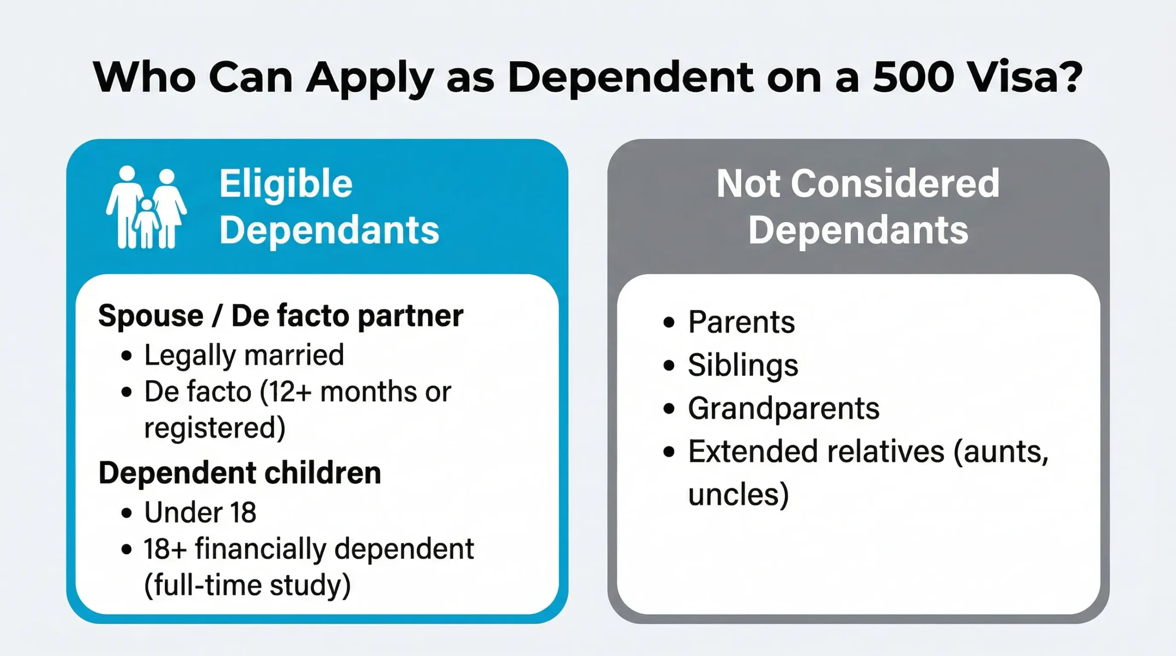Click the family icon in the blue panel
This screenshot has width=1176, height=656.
(147, 207)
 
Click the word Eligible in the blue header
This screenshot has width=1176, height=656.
(286, 184)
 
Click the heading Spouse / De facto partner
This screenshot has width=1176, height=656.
(281, 316)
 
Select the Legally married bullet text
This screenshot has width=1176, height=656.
(244, 355)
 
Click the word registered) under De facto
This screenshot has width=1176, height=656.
(215, 428)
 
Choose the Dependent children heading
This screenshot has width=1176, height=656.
(240, 473)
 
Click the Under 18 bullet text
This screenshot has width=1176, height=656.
(200, 512)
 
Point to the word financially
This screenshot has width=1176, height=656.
(261, 549)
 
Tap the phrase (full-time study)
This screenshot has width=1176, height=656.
(248, 586)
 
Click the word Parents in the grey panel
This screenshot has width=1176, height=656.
(741, 322)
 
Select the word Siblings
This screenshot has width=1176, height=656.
(743, 365)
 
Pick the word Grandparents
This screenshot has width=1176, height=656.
(783, 409)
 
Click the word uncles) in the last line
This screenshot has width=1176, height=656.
(738, 495)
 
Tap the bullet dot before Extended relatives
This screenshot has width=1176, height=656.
(669, 452)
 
